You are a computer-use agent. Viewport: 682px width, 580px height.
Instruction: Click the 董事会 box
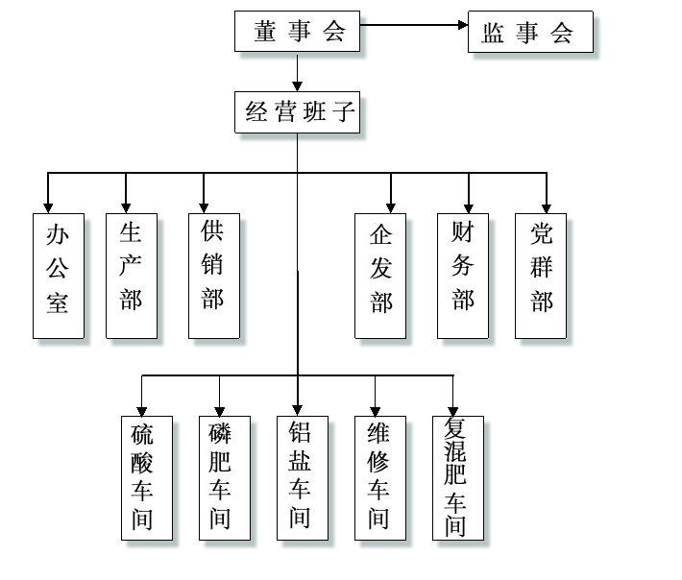point(299,32)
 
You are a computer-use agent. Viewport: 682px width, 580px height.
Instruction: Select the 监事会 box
point(530,33)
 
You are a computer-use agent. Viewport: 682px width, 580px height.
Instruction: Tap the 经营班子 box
point(298,112)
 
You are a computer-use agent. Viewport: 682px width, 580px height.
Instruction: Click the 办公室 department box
point(58,275)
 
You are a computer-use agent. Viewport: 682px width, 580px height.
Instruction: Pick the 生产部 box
point(132,275)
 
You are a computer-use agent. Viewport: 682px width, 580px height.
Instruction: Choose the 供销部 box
point(213,275)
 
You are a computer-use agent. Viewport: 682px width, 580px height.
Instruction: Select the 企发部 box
point(380,275)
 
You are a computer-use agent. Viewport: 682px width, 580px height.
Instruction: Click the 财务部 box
point(463,275)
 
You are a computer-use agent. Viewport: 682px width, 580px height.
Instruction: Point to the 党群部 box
point(541,275)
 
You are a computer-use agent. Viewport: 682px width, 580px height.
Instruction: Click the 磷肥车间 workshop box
point(221,477)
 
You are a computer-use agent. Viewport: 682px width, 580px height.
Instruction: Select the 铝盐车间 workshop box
point(300,477)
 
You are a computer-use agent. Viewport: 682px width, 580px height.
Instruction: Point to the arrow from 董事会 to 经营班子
point(299,72)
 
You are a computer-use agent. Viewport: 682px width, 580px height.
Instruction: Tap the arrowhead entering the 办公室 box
point(48,205)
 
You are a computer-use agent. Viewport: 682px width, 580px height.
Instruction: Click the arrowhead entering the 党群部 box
point(546,205)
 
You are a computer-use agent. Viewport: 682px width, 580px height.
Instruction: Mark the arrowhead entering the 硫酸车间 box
point(143,409)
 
